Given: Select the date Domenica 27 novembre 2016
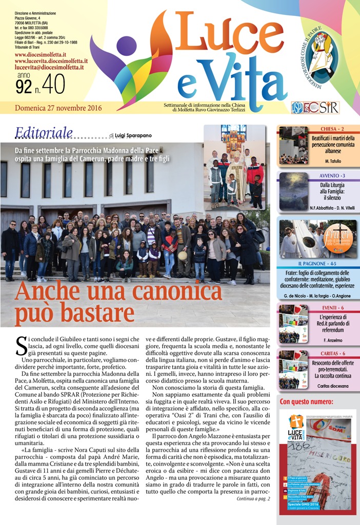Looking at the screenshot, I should [58, 108].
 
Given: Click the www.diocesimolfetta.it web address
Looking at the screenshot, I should [41, 54].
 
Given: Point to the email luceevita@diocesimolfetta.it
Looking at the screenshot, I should [49, 67].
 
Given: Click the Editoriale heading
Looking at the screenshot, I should [44, 133].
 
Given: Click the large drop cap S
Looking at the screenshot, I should [22, 346].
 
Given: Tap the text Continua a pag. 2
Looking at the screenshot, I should [253, 498].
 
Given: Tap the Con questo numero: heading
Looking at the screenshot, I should [305, 401].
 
